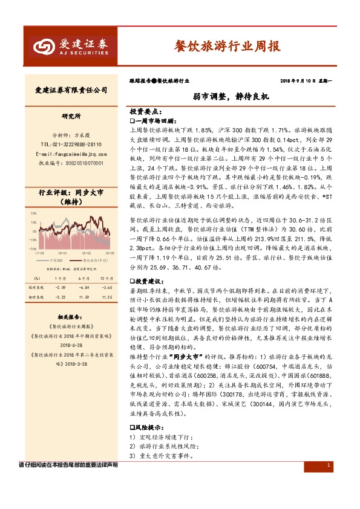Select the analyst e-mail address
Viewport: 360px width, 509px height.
tap(71, 154)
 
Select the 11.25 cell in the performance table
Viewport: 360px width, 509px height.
tap(107, 297)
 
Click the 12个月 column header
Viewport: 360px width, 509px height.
tap(107, 277)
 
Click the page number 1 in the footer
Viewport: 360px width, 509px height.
tap(327, 465)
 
